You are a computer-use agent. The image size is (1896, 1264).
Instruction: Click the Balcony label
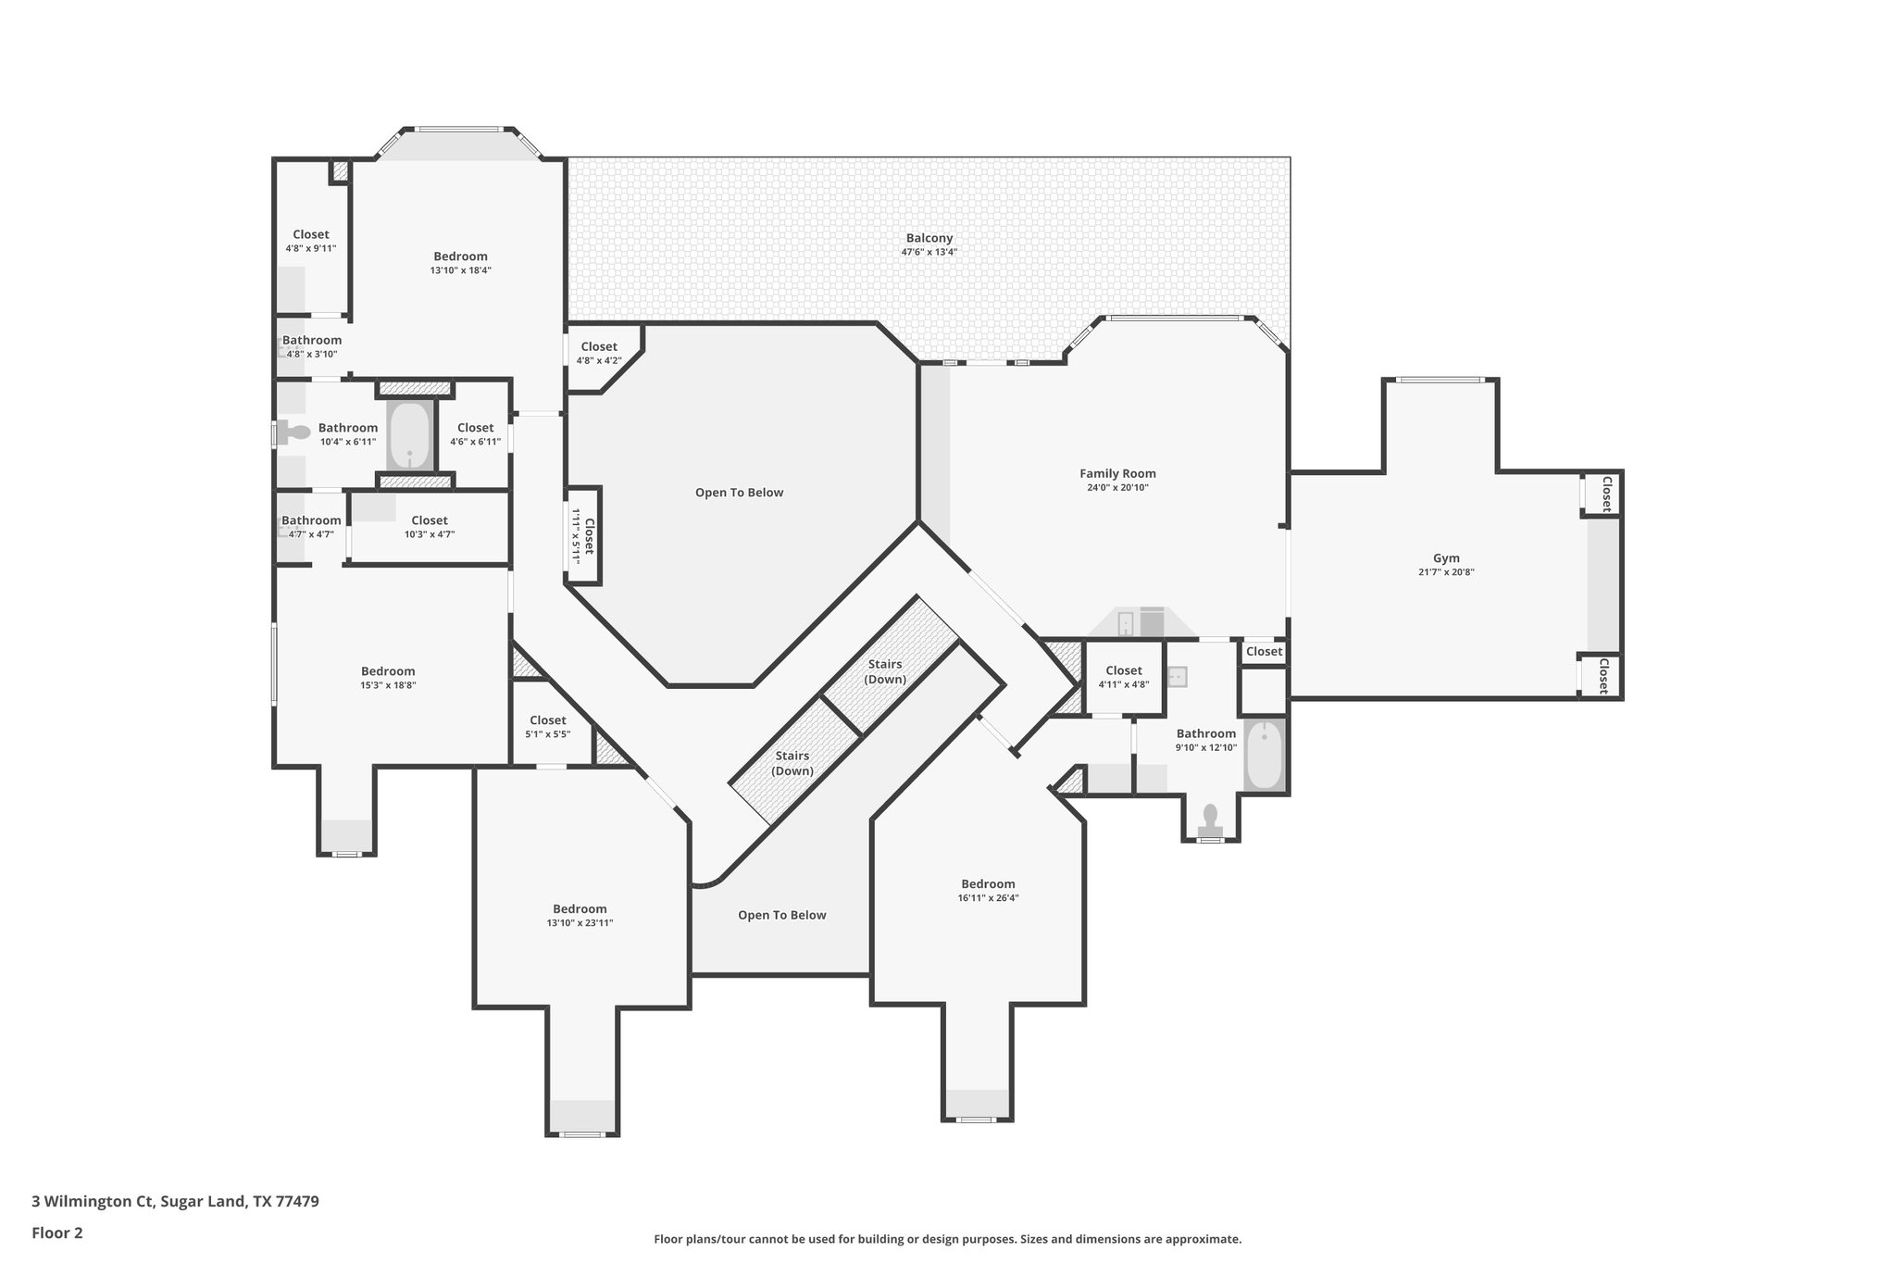(x=929, y=238)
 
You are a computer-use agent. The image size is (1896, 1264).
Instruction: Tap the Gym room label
(x=1446, y=557)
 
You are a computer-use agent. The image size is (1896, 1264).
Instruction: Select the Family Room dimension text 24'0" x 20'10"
(x=1117, y=487)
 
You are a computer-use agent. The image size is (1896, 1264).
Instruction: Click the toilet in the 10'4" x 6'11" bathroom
(x=296, y=432)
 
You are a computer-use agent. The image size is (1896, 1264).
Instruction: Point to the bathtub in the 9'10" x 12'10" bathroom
(x=1264, y=754)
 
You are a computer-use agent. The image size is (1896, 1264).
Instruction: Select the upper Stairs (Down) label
(x=884, y=671)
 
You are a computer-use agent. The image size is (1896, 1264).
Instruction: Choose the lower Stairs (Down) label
(x=793, y=763)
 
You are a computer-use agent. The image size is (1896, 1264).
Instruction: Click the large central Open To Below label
(x=739, y=493)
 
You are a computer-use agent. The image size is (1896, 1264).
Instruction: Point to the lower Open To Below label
(x=781, y=915)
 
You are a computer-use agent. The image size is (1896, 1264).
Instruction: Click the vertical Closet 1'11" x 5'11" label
(x=582, y=536)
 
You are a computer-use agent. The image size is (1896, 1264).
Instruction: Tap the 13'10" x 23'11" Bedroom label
(x=580, y=908)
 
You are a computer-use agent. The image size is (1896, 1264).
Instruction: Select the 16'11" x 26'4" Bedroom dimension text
(x=988, y=897)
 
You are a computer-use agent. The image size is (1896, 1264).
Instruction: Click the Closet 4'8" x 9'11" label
(x=311, y=234)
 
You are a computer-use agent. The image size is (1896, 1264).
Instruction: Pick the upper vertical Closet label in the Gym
(x=1606, y=493)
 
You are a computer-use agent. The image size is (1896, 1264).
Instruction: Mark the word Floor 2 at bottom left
(x=57, y=1233)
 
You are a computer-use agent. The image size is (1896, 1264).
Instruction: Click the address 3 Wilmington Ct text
(x=93, y=1201)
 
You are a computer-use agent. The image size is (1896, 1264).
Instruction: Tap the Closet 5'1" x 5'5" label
(x=547, y=720)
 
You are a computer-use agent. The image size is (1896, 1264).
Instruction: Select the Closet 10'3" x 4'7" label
(x=430, y=520)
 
